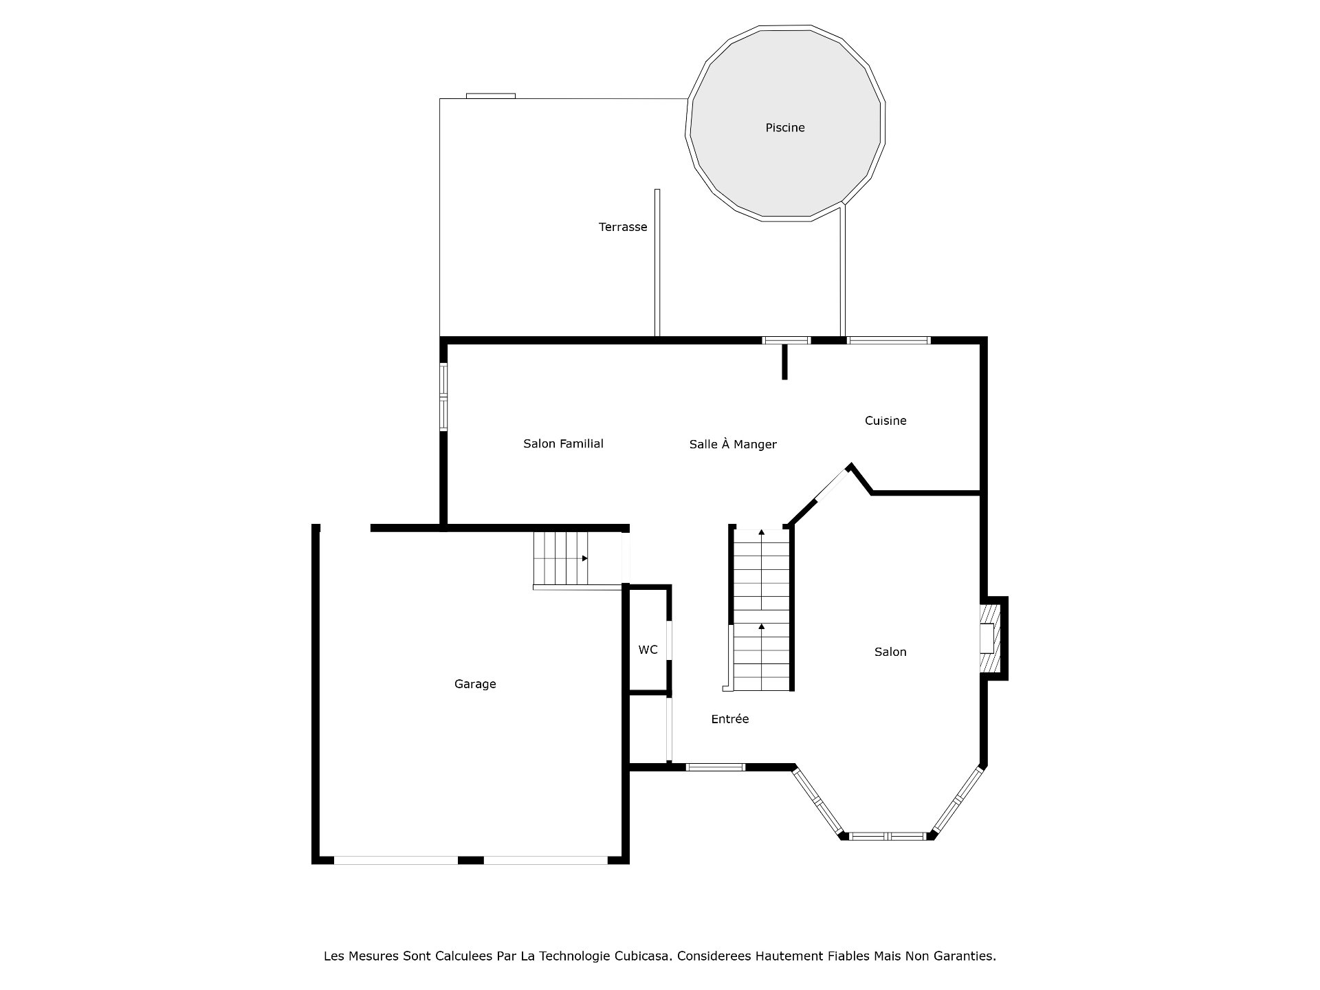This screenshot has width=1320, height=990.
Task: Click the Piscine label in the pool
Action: point(784,128)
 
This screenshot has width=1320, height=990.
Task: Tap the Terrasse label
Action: point(622,227)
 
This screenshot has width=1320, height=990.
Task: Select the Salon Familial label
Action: point(563,444)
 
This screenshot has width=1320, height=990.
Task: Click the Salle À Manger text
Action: point(733,445)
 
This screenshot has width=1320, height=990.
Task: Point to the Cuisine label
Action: point(885,421)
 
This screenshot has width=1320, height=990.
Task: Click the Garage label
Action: point(474,684)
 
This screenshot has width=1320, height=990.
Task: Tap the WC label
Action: point(648,650)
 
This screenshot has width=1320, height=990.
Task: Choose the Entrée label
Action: point(729,719)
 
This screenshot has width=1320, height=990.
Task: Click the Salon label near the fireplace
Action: point(890,652)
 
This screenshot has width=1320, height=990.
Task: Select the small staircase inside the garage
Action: point(561,558)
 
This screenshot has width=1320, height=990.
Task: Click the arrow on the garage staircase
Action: point(584,558)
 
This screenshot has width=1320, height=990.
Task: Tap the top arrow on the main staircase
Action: point(761,533)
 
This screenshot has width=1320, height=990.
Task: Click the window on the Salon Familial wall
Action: point(443,397)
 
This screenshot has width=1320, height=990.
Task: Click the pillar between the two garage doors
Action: point(470,860)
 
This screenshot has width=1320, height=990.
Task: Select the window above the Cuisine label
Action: point(888,340)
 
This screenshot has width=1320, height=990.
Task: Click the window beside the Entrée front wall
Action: point(715,767)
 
